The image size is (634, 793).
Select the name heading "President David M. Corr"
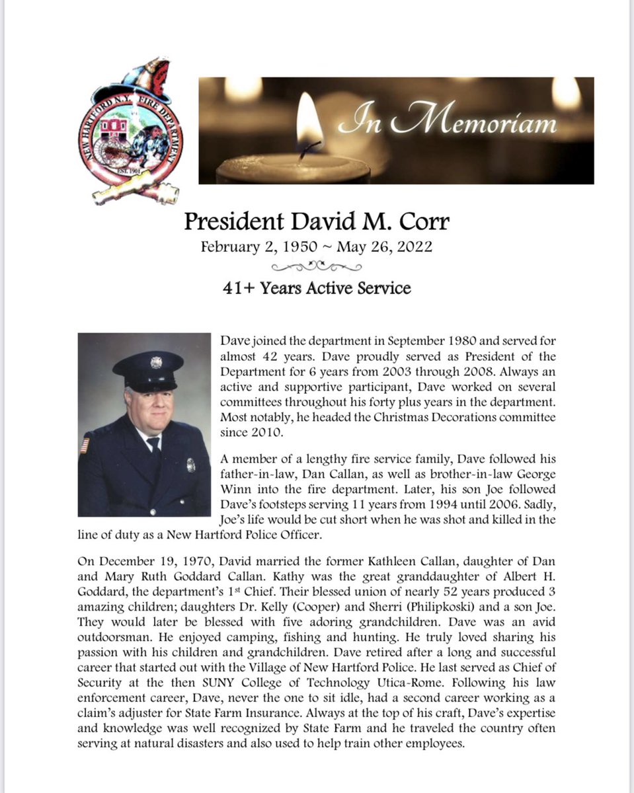coord(317,221)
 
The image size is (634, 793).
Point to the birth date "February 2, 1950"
coord(257,247)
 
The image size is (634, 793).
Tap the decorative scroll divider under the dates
coord(317,267)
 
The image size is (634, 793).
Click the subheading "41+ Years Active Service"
coord(317,288)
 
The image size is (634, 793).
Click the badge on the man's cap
coord(156,363)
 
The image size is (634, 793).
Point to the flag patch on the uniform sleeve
coord(84,445)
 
